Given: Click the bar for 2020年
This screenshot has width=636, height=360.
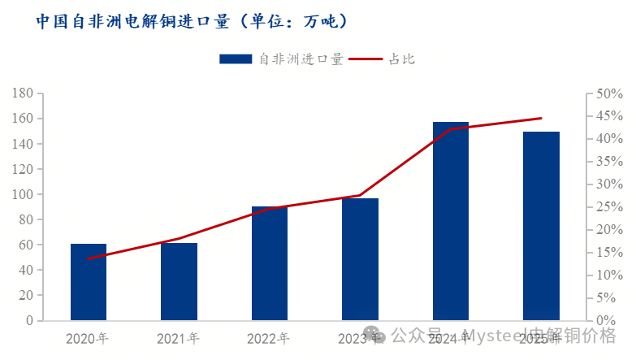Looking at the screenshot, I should tap(89, 282).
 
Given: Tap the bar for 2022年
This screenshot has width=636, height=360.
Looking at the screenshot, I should tap(270, 263).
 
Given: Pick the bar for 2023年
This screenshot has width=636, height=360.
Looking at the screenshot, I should tap(360, 259).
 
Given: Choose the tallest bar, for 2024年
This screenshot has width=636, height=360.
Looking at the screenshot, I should tap(451, 221).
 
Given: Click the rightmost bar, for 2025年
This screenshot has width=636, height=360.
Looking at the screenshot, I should tap(541, 226).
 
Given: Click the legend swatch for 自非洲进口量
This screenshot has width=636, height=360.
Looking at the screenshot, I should tap(236, 59).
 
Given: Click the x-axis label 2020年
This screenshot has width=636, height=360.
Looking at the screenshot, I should tap(88, 338).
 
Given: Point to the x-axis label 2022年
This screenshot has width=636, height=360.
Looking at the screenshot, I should tap(269, 338).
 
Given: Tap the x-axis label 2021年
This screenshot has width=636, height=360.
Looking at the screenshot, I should tap(178, 338).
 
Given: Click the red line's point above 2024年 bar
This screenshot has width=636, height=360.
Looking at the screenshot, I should tap(451, 128).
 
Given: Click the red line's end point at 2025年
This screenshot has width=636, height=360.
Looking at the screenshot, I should tap(541, 119).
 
